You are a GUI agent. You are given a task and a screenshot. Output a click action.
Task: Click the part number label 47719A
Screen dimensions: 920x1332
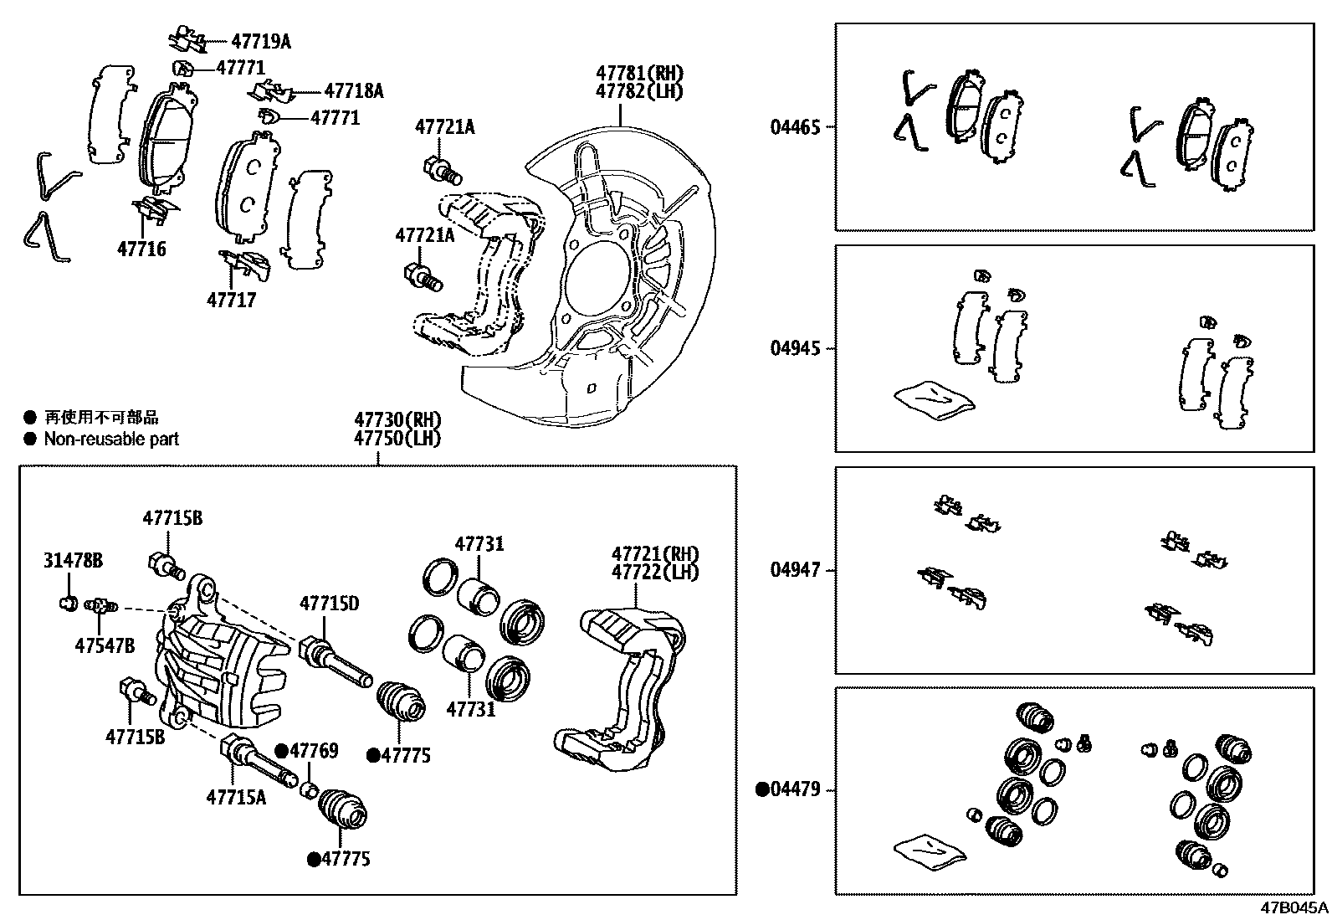pos(261,40)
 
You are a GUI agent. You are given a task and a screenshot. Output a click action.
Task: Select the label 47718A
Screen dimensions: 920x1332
pos(353,91)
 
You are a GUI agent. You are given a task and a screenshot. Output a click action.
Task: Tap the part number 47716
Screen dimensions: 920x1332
pos(141,249)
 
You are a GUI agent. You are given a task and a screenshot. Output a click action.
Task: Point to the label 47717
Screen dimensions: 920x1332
pos(232,299)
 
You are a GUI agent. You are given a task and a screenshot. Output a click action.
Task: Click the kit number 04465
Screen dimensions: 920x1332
pos(796,127)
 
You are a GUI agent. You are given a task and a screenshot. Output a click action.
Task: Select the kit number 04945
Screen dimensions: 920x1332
pos(796,347)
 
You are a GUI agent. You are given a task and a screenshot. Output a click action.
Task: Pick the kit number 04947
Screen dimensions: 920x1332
pos(796,570)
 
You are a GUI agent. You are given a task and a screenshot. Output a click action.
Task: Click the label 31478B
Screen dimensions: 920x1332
pos(73,560)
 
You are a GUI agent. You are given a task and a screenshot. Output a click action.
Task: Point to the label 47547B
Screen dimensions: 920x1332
pos(105,645)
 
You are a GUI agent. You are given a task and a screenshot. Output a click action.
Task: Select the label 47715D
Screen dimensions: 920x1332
pos(330,603)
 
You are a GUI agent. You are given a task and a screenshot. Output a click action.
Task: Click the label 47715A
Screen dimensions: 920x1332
pos(236,796)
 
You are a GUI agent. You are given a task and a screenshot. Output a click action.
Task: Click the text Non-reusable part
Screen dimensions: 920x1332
pos(111,439)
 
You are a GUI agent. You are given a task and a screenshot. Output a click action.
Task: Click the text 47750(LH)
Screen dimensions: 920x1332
pos(397,438)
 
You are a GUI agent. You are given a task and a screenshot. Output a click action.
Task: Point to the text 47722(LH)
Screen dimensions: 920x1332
pos(655,572)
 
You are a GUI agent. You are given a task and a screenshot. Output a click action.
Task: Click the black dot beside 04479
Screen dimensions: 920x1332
pos(762,789)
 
